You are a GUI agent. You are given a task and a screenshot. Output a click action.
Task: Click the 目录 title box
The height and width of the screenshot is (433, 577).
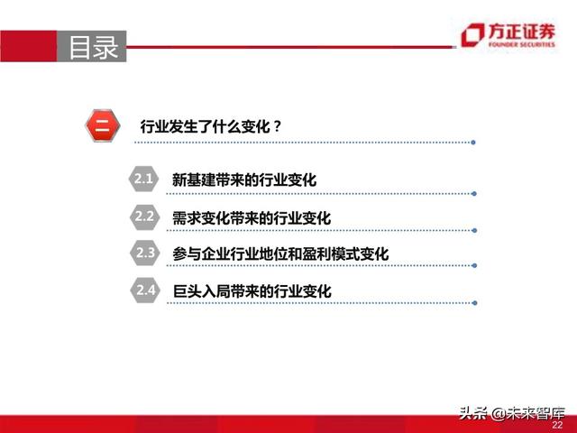point(93,47)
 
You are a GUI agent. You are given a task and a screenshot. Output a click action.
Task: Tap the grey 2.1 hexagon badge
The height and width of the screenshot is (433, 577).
point(144,179)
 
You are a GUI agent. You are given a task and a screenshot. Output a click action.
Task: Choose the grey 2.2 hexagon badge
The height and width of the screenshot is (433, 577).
point(144,216)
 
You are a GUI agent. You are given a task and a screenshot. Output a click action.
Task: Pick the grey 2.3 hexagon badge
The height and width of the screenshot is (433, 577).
point(144,253)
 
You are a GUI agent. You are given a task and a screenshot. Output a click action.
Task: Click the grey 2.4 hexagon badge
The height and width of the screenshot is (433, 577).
point(144,290)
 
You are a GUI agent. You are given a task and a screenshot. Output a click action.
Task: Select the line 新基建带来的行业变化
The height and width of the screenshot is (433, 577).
point(244,180)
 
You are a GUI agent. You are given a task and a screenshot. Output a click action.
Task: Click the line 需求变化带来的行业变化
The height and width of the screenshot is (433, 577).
point(252,218)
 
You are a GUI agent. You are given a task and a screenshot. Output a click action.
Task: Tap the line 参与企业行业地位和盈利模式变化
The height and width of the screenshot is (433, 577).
point(280,254)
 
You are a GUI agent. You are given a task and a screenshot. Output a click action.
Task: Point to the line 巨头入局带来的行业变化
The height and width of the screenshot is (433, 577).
point(252,291)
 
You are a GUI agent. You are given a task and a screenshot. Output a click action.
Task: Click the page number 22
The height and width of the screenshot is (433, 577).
point(557,425)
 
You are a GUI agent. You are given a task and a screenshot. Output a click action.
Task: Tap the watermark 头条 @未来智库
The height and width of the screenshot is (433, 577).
point(508,413)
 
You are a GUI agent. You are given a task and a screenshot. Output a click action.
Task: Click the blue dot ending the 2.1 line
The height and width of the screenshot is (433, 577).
point(475,192)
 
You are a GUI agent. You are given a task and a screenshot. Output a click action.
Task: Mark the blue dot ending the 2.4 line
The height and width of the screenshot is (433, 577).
point(475,304)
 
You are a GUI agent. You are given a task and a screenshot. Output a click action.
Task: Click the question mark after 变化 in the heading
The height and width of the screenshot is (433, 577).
point(277,126)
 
